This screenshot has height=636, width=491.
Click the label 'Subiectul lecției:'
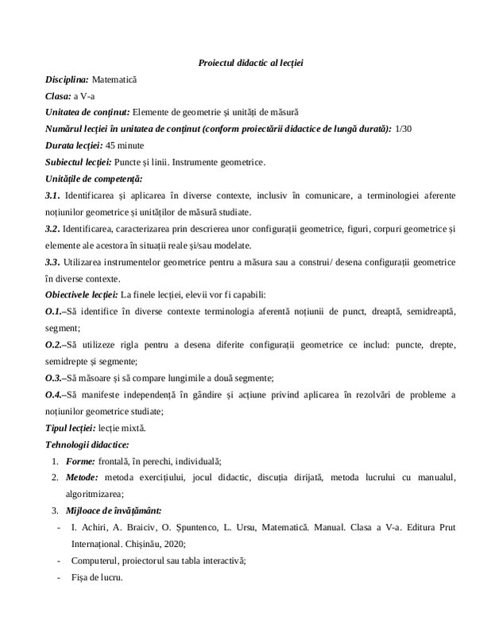pos(79,161)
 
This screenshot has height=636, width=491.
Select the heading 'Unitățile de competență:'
pos(88,177)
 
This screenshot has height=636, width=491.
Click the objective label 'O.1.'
pos(55,312)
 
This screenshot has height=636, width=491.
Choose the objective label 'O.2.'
pos(55,345)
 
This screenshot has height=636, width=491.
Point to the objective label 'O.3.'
pos(55,378)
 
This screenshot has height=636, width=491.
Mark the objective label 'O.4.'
pos(55,394)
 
